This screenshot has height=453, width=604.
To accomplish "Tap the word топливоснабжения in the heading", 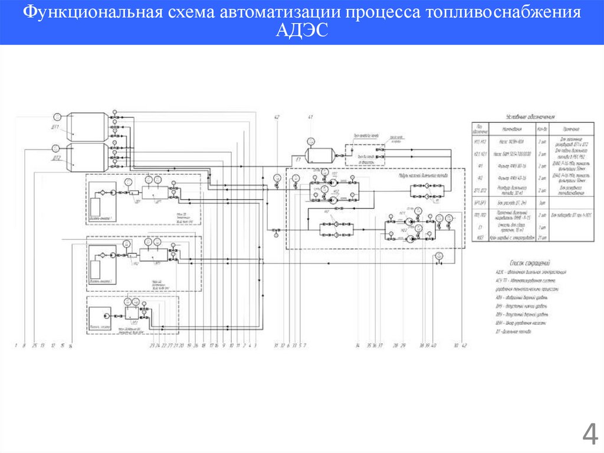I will pyautogui.click(x=501, y=12).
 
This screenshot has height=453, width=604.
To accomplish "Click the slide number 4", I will pyautogui.click(x=589, y=436).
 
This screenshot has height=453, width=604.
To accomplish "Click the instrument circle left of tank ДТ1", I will pyautogui.click(x=57, y=116).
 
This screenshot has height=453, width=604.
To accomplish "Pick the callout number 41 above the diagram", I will pyautogui.click(x=310, y=116).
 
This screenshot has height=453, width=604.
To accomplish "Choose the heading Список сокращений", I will pyautogui.click(x=529, y=262).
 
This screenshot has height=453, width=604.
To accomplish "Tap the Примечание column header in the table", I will pyautogui.click(x=569, y=129).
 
